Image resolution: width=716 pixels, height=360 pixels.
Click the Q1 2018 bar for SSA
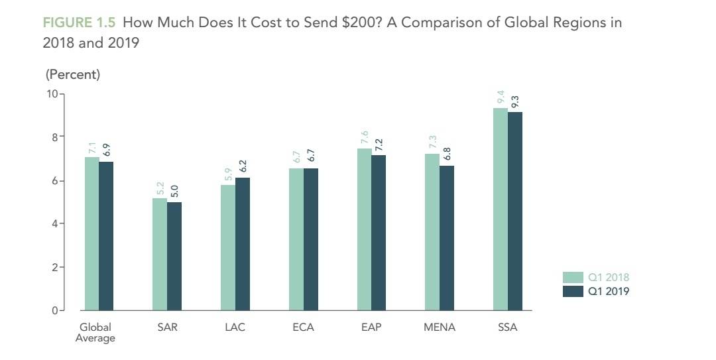pyautogui.click(x=500, y=209)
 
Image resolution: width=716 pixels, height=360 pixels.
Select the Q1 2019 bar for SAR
pyautogui.click(x=174, y=256)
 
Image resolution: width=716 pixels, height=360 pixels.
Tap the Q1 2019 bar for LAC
pyautogui.click(x=243, y=244)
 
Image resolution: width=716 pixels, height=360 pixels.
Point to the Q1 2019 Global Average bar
pyautogui.click(x=106, y=236)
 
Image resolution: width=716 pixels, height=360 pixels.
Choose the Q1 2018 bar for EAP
pyautogui.click(x=364, y=229)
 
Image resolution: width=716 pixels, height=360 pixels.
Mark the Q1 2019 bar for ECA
pyautogui.click(x=310, y=239)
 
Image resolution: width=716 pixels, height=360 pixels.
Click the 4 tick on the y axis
pyautogui.click(x=54, y=224)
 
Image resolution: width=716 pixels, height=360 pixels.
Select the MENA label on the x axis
pyautogui.click(x=440, y=328)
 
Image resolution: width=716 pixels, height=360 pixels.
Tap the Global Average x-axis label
pyautogui.click(x=95, y=333)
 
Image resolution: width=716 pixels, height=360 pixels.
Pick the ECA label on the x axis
pyautogui.click(x=303, y=328)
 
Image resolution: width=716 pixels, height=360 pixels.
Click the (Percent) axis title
pyautogui.click(x=72, y=74)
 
